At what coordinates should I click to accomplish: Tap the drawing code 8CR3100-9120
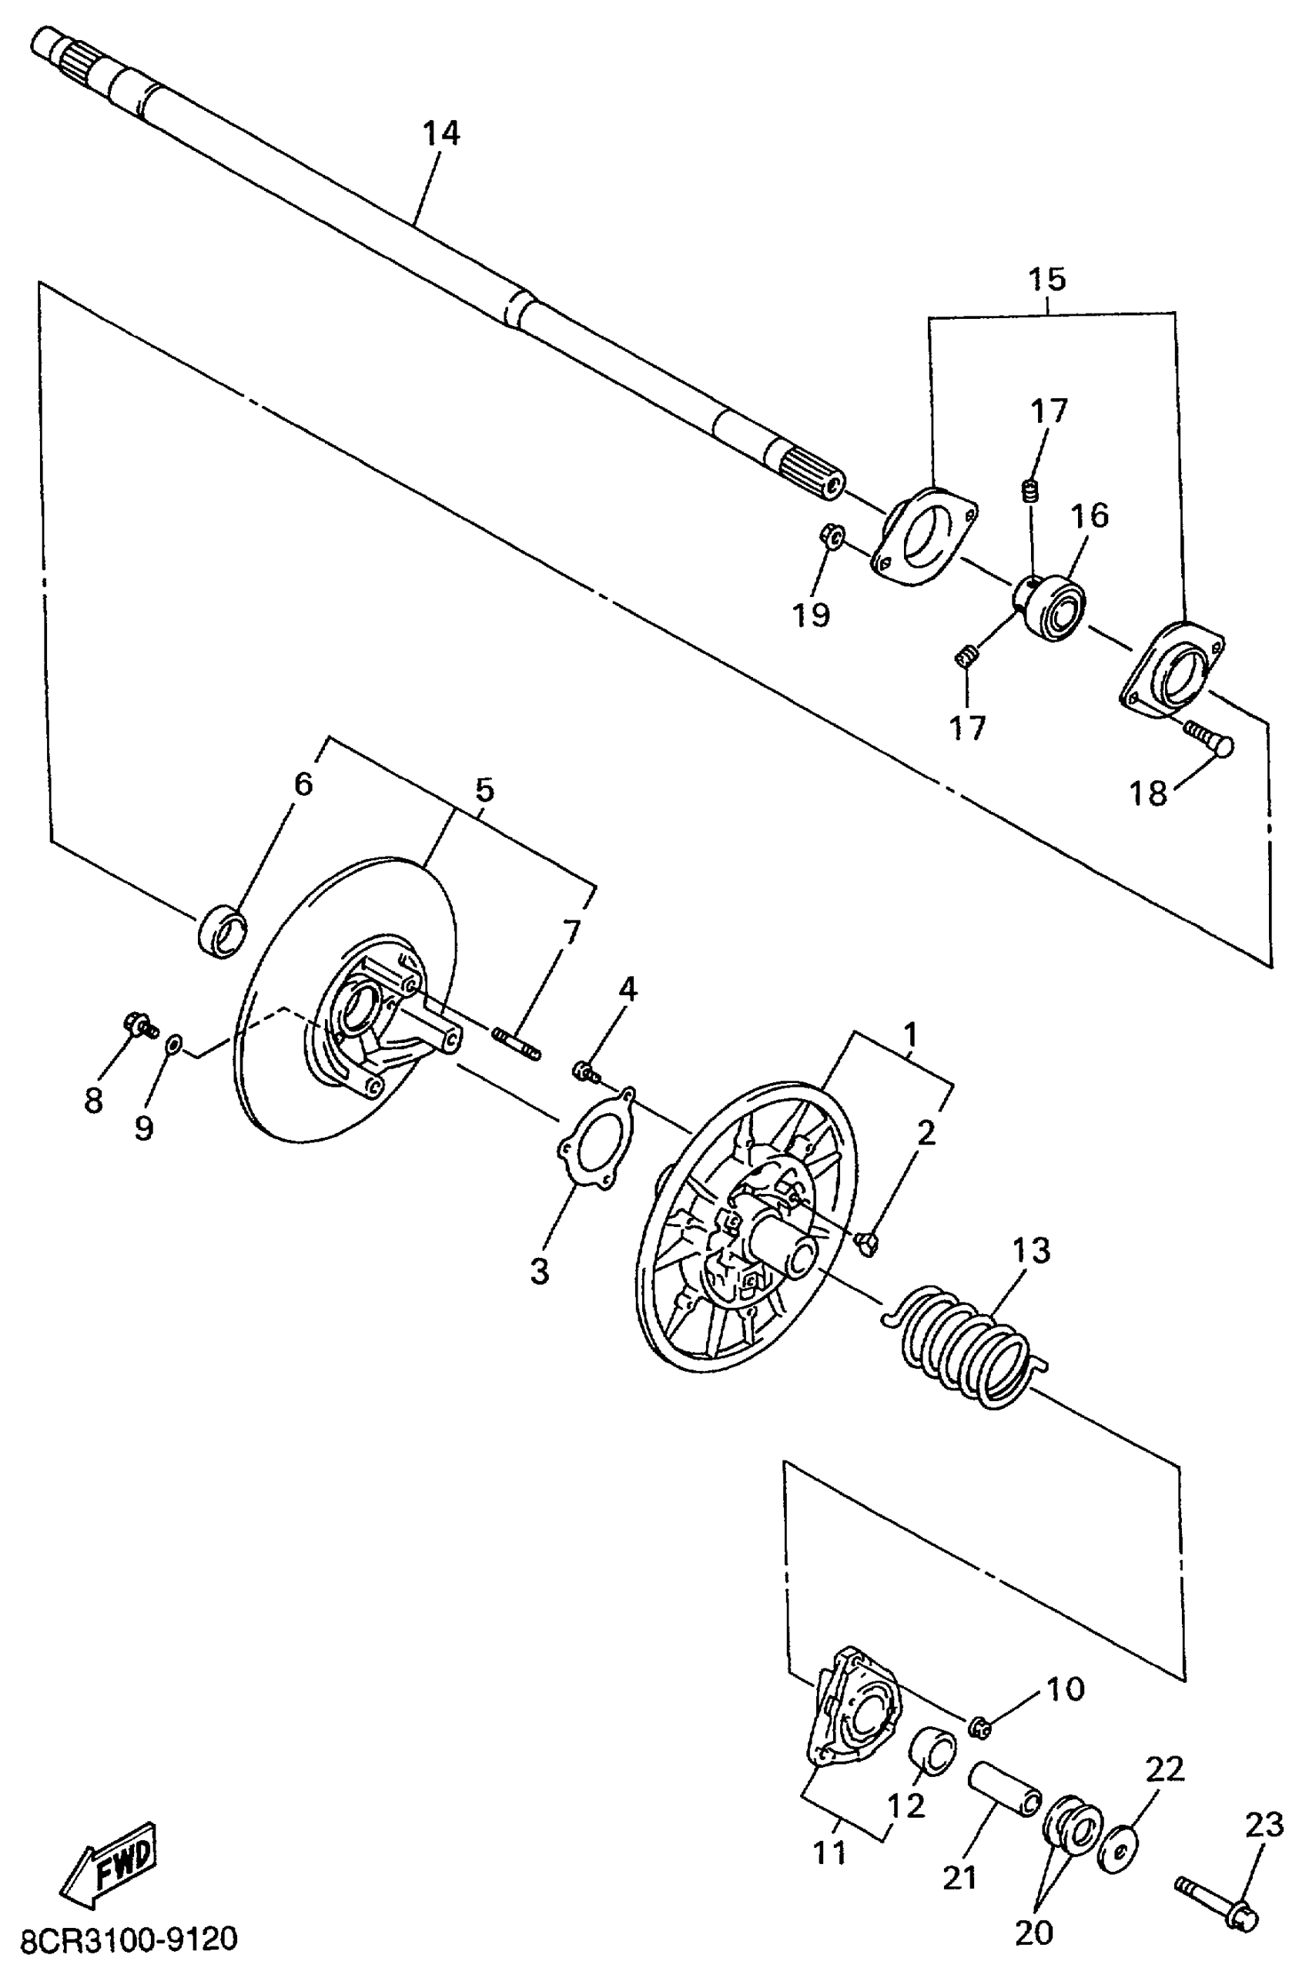129,1939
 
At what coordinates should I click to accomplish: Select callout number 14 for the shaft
440,133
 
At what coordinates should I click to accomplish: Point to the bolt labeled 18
1209,736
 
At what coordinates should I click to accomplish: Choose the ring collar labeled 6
222,930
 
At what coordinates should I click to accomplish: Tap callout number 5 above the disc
484,790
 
